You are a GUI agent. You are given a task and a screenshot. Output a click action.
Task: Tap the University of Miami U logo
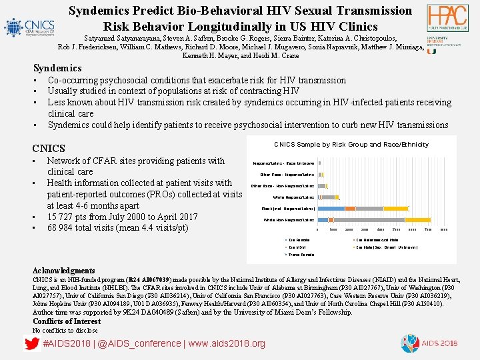(x=431, y=48)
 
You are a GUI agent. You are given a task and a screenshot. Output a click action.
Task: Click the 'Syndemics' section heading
(x=57, y=68)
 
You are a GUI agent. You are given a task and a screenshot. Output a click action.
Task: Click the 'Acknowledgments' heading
(x=64, y=271)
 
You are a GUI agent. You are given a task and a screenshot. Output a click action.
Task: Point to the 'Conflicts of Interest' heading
(x=67, y=321)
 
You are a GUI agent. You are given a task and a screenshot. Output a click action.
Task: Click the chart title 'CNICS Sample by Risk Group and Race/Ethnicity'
(x=351, y=145)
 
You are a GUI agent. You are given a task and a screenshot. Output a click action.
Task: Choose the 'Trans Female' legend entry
(x=300, y=255)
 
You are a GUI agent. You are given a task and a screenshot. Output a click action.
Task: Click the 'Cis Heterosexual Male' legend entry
(x=377, y=239)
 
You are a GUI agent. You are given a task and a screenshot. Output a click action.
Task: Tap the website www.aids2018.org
(x=227, y=344)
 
